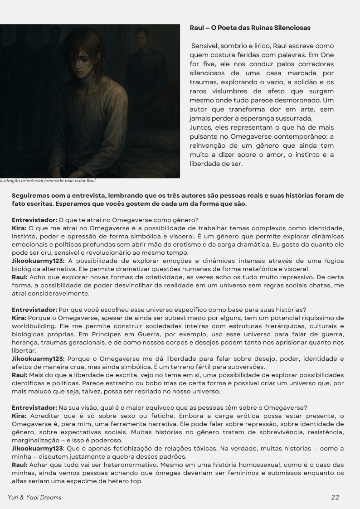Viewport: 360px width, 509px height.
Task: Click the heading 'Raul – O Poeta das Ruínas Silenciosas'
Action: click(x=250, y=28)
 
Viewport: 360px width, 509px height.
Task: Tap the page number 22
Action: click(x=335, y=497)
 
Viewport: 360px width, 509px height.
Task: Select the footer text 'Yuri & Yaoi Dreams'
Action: click(x=34, y=497)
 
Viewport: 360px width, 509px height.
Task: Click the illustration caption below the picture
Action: click(x=48, y=181)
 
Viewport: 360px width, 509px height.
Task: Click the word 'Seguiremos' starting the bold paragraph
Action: click(x=31, y=196)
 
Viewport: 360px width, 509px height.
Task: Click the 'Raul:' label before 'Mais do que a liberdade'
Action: click(x=19, y=375)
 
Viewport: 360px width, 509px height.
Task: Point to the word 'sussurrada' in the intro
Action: click(x=289, y=118)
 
